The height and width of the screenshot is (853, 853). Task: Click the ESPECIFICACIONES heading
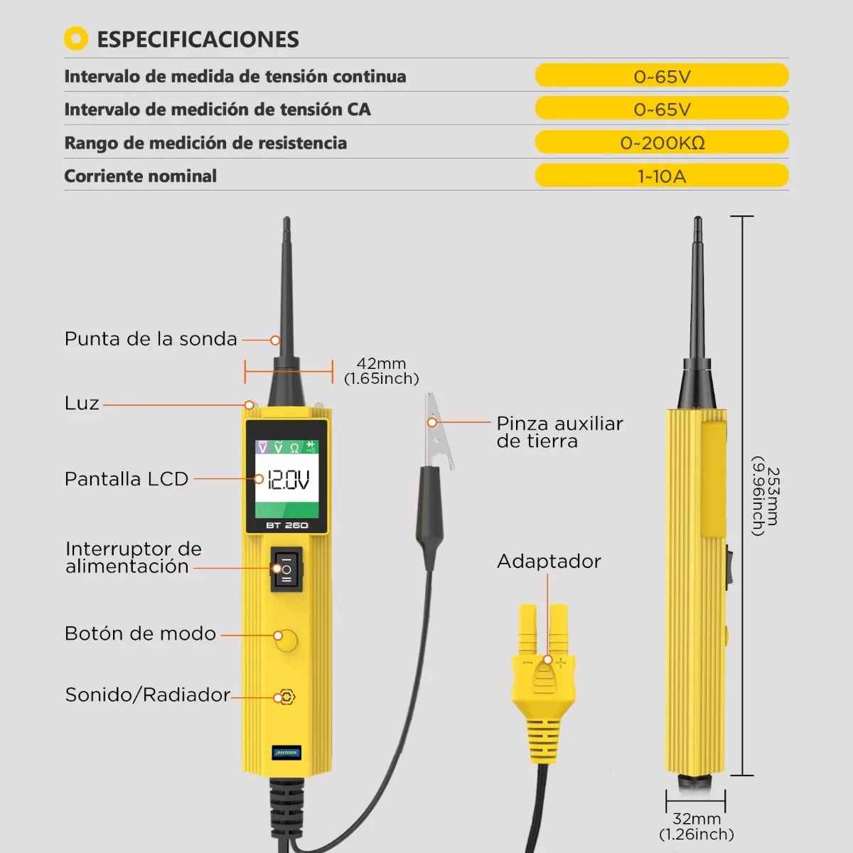click(198, 39)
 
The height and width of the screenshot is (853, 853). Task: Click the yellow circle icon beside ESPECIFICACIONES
click(76, 38)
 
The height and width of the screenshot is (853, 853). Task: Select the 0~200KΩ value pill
click(662, 143)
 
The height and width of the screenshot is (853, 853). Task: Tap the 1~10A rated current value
click(662, 176)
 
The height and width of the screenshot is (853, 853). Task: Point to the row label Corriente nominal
click(141, 176)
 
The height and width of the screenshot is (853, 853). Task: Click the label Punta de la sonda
click(151, 339)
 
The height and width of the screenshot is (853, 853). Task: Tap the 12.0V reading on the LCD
click(288, 481)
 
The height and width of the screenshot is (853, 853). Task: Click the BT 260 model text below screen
click(286, 525)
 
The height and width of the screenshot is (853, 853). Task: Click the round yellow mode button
click(286, 640)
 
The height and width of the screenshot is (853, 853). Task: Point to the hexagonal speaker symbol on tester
click(286, 697)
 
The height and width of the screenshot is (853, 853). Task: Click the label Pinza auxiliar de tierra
click(559, 432)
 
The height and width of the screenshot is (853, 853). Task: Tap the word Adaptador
click(549, 562)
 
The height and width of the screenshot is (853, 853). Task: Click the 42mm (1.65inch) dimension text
click(382, 371)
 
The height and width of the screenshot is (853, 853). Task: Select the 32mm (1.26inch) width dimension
click(697, 827)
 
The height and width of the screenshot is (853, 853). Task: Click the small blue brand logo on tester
click(287, 753)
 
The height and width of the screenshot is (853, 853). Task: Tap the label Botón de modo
click(140, 633)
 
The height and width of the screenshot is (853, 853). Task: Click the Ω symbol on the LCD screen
click(294, 448)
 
